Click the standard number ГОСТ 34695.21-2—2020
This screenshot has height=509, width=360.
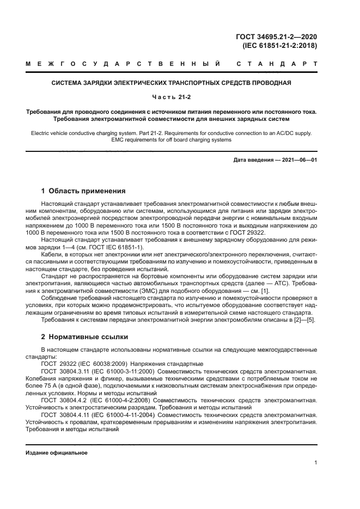[x=276, y=37]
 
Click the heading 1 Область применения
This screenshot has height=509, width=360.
[x=83, y=191]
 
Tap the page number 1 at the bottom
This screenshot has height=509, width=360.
[x=315, y=463]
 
